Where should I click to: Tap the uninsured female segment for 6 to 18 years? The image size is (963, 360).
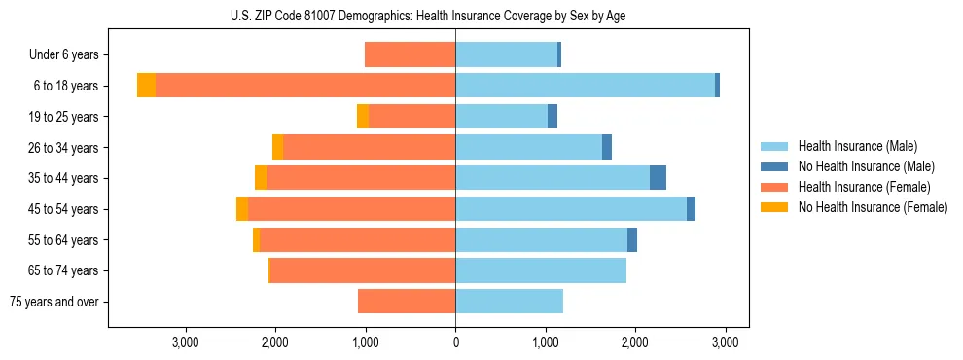(146, 86)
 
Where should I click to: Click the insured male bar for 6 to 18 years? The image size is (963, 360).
(585, 86)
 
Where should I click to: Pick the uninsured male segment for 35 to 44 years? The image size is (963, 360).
(658, 178)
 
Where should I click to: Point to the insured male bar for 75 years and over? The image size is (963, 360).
(509, 302)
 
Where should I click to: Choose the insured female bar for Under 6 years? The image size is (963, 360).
(410, 54)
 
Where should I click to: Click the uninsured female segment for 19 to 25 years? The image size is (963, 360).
(363, 117)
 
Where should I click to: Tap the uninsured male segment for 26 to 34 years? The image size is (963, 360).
(607, 147)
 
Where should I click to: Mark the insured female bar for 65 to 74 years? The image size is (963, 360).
(363, 270)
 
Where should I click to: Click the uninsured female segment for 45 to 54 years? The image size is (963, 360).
(242, 209)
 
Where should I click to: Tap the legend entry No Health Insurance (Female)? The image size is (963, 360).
(872, 207)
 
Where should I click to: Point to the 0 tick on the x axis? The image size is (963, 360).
(455, 342)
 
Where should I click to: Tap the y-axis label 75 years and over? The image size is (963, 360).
(53, 302)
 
